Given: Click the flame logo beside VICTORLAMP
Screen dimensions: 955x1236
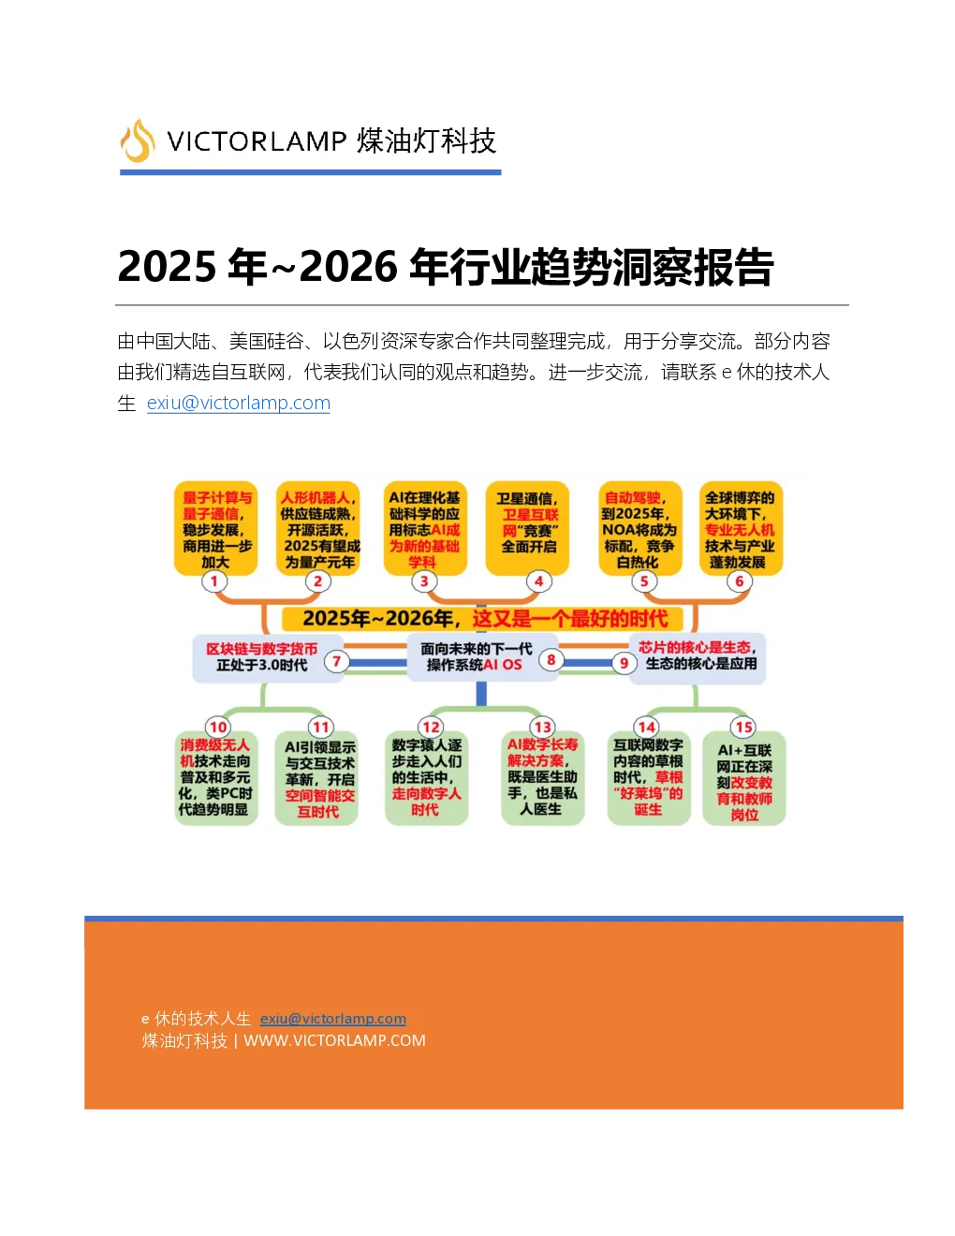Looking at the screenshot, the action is tap(137, 140).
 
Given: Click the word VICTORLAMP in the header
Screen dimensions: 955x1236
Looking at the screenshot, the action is tap(257, 141).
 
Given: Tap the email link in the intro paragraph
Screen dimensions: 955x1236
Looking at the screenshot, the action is tap(239, 403).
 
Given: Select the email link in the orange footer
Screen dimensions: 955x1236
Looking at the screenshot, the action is tap(332, 1018).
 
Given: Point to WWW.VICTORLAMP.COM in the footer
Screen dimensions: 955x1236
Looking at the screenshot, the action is tap(334, 1040).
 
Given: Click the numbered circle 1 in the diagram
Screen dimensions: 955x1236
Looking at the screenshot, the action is tap(214, 581).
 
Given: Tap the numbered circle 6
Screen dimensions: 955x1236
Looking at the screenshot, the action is tap(740, 581).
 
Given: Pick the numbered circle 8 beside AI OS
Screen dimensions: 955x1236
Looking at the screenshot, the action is tap(551, 660).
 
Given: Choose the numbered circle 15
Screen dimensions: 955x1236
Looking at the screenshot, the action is tap(744, 727).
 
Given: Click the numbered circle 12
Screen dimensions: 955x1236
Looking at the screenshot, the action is tap(431, 727).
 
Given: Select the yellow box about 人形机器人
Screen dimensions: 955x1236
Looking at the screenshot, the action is tap(318, 528).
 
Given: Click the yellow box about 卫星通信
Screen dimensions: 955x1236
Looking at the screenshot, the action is tap(527, 528).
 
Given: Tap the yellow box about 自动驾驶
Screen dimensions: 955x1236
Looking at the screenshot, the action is tap(640, 528).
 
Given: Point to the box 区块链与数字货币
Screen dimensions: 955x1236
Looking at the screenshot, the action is tap(268, 658).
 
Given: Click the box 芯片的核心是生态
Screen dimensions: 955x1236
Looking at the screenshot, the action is tap(698, 657).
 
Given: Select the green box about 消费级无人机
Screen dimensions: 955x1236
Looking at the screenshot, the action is tap(216, 777).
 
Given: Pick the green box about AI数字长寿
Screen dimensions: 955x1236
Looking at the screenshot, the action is tap(543, 777).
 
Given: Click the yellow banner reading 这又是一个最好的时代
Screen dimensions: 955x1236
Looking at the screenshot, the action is tap(482, 618).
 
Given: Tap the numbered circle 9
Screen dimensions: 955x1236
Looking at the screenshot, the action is tap(624, 663).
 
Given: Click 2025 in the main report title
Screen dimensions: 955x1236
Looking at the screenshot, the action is tap(167, 266).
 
